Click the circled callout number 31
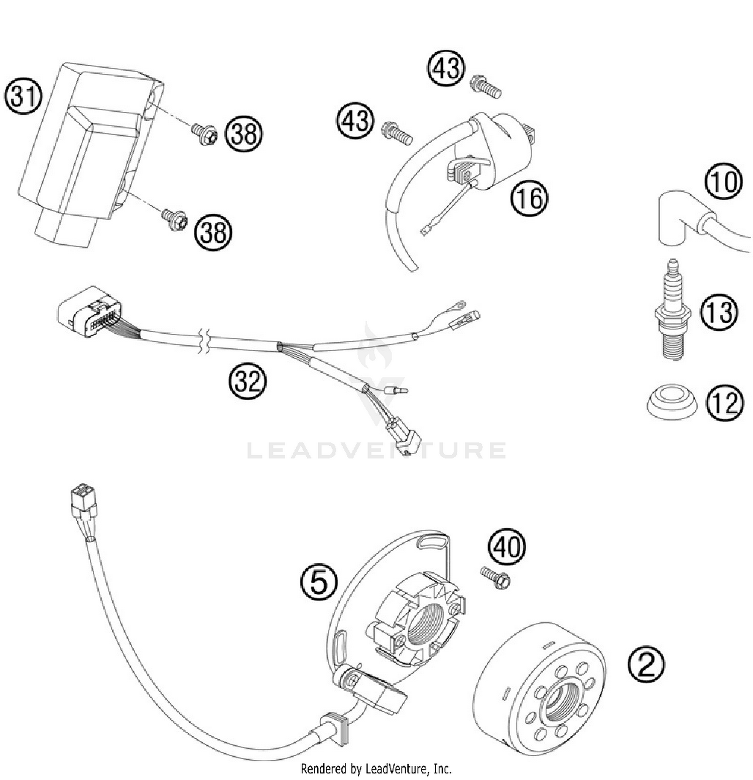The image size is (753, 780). (x=23, y=96)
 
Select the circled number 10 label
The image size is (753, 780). (x=723, y=181)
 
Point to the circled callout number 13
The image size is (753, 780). (x=719, y=312)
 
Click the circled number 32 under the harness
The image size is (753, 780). (x=247, y=381)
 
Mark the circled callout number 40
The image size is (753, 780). (x=507, y=547)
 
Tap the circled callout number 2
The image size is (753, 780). (x=646, y=664)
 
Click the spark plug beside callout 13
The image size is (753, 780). (x=672, y=314)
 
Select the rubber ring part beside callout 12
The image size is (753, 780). (x=671, y=402)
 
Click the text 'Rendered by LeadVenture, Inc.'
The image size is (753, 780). (x=376, y=768)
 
